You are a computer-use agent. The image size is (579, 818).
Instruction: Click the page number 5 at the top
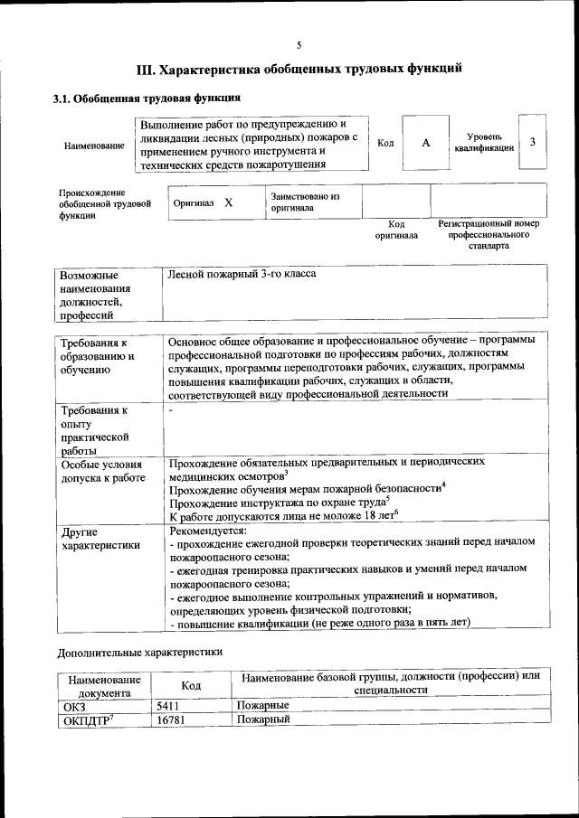coord(298,45)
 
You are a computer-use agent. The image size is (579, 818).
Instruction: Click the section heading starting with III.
coord(299,69)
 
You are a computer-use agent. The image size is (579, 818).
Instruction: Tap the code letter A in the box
coord(425,143)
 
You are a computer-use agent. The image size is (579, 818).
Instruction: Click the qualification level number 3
coord(533,142)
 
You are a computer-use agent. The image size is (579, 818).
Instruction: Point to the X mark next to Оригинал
coord(228,202)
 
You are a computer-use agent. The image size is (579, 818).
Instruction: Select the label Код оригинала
coord(396,230)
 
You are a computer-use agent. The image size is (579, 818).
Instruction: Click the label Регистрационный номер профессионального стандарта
coord(489,234)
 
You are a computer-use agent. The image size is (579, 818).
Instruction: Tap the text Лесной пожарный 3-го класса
coord(242,272)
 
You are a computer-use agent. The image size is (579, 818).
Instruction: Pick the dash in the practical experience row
coord(171,411)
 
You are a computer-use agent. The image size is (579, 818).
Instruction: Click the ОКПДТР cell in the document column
coord(89,719)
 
